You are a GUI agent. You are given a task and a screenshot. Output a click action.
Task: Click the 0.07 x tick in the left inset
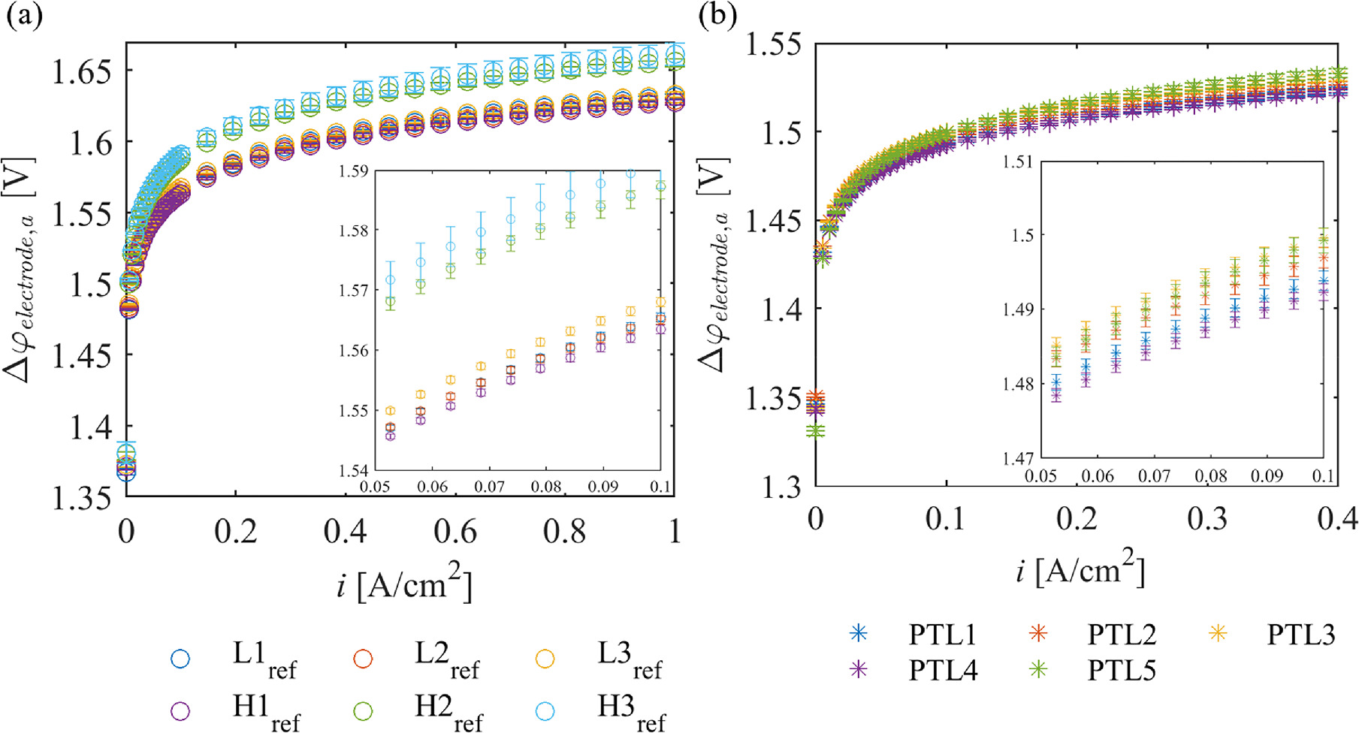[x=489, y=487]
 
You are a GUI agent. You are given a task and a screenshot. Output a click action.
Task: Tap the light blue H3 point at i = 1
[x=675, y=55]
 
